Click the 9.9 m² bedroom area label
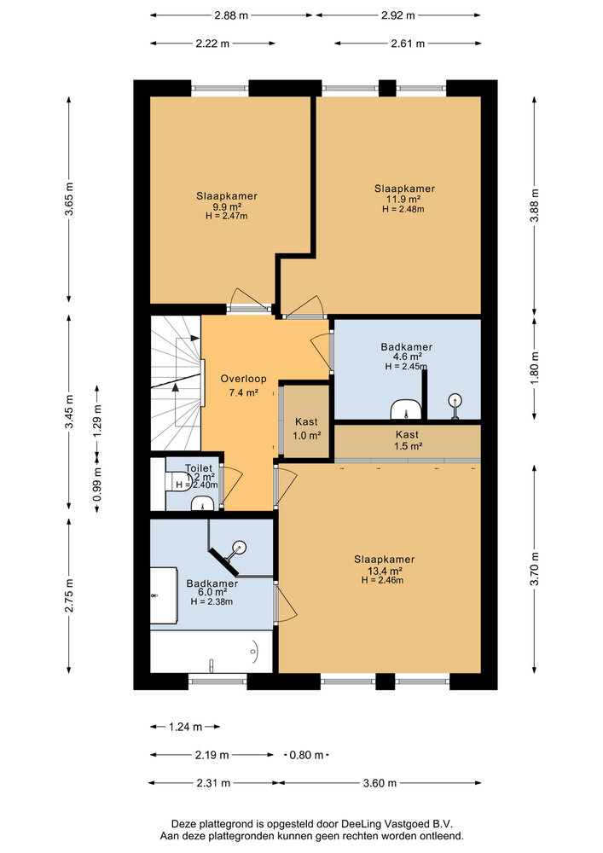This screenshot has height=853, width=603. pyautogui.click(x=226, y=206)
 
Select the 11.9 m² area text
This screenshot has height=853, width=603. pyautogui.click(x=404, y=199)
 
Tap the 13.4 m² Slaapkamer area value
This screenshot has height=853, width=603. pyautogui.click(x=378, y=571)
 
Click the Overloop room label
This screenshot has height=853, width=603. pyautogui.click(x=243, y=378)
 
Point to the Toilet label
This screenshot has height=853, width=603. pyautogui.click(x=199, y=468)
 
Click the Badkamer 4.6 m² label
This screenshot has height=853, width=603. pyautogui.click(x=406, y=347)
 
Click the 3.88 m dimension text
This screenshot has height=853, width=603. pyautogui.click(x=535, y=206)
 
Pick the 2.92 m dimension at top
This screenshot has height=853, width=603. pyautogui.click(x=397, y=15)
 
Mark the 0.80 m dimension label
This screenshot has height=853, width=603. pyautogui.click(x=306, y=755)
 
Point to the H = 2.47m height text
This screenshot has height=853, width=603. pyautogui.click(x=226, y=217)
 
